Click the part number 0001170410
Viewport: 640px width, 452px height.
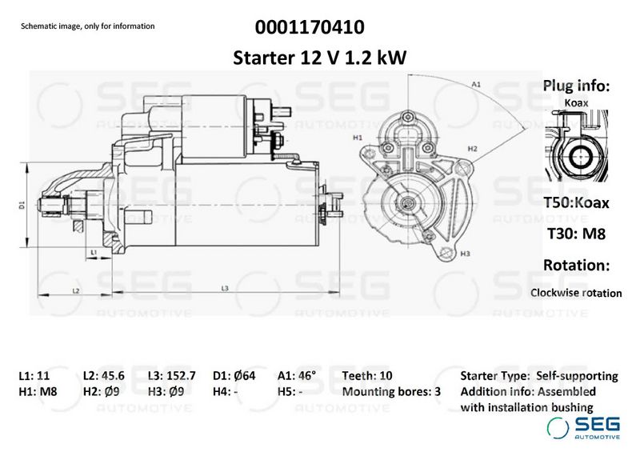click(310, 27)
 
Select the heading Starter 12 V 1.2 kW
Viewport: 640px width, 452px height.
click(319, 58)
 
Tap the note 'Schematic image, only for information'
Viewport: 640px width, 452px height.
click(88, 26)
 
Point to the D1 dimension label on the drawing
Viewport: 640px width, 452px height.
click(22, 205)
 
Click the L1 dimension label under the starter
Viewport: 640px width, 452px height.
click(94, 252)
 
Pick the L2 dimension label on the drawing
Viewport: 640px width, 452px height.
click(75, 291)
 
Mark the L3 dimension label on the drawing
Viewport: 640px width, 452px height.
click(225, 289)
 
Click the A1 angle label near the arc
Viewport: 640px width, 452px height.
click(476, 85)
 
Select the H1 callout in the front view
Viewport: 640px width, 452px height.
click(358, 138)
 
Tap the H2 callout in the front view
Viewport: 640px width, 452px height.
click(472, 149)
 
